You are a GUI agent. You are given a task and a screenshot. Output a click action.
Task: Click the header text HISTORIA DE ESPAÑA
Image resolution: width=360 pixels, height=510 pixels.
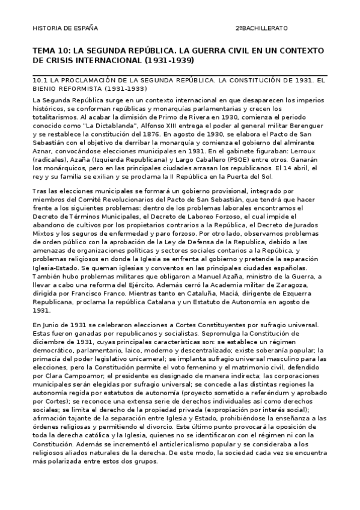pyautogui.click(x=64, y=28)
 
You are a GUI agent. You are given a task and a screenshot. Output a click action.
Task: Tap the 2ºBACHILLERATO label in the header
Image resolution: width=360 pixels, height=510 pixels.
pyautogui.click(x=261, y=28)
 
